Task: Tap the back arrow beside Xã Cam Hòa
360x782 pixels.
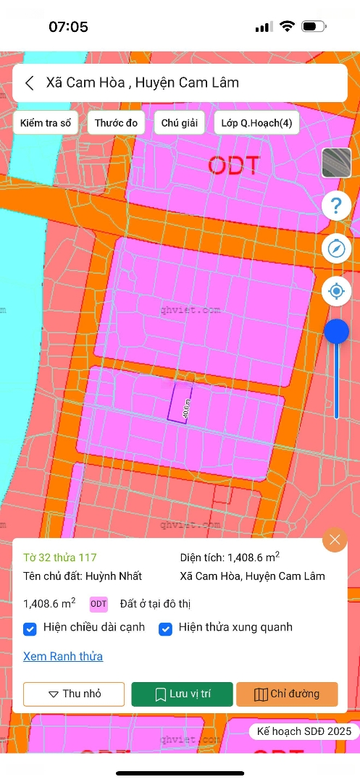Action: click(x=30, y=83)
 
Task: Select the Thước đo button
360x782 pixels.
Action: click(x=116, y=123)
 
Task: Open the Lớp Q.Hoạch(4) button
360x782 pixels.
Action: click(x=256, y=123)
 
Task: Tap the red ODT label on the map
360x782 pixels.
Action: click(x=234, y=165)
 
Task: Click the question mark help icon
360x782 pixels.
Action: click(x=336, y=206)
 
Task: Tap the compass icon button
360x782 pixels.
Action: click(x=336, y=248)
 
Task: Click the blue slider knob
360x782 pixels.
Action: click(x=336, y=332)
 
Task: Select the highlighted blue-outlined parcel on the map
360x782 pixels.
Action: click(x=179, y=402)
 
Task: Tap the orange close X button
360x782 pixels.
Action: click(x=335, y=540)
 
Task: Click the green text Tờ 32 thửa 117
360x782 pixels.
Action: click(x=60, y=558)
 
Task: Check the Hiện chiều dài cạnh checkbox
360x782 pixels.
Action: click(x=30, y=628)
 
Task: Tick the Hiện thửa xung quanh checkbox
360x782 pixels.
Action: click(x=166, y=628)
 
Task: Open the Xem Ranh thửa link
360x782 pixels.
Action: click(x=63, y=657)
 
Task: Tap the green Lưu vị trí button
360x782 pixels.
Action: click(x=183, y=694)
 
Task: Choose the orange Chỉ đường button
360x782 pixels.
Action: click(x=287, y=694)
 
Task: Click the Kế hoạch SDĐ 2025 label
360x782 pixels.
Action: click(x=304, y=732)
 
